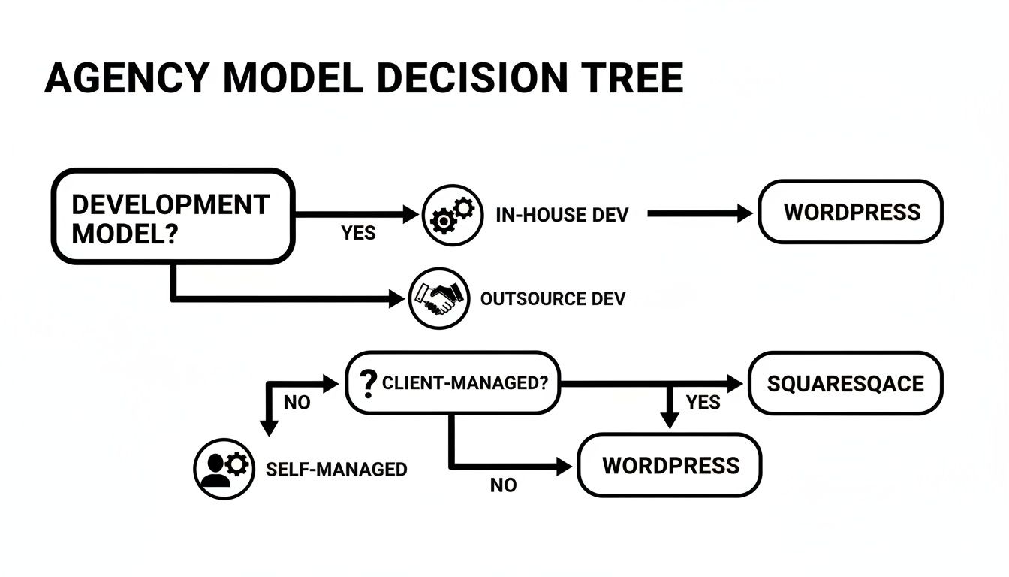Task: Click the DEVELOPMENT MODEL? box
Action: pos(172,217)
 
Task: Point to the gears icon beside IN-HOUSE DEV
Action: pos(452,214)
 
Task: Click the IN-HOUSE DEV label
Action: pos(562,215)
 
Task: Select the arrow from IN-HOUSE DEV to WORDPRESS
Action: pos(698,214)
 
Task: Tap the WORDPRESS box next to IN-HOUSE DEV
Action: pos(851,212)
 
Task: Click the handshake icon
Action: pos(439,298)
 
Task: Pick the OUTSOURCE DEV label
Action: pos(553,299)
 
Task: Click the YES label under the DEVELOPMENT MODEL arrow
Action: pos(358,234)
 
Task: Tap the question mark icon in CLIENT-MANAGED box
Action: pos(368,383)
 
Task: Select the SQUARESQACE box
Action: pos(845,383)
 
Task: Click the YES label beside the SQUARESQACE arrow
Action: pos(703,403)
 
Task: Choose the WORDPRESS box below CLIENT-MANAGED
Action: pos(670,465)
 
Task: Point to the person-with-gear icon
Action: pos(224,469)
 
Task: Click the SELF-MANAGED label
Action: pos(336,470)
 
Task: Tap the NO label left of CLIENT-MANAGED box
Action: pos(297,403)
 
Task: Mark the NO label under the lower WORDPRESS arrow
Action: pos(503,486)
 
